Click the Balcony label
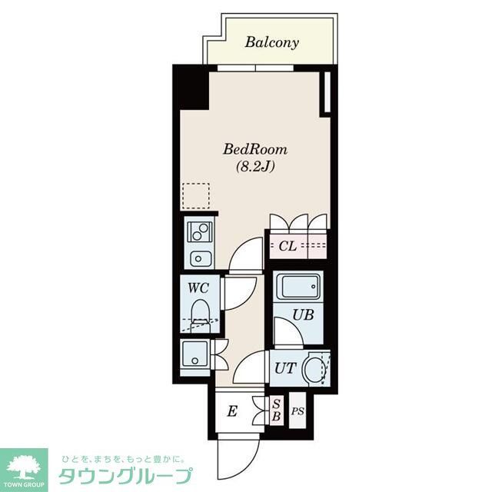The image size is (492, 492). (271, 42)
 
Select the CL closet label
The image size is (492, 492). (287, 246)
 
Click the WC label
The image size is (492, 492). (198, 289)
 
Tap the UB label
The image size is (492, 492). (301, 314)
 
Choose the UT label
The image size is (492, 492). (283, 367)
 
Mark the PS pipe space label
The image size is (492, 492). (298, 411)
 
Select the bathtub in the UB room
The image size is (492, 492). (298, 288)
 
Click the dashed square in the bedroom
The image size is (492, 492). (196, 196)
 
